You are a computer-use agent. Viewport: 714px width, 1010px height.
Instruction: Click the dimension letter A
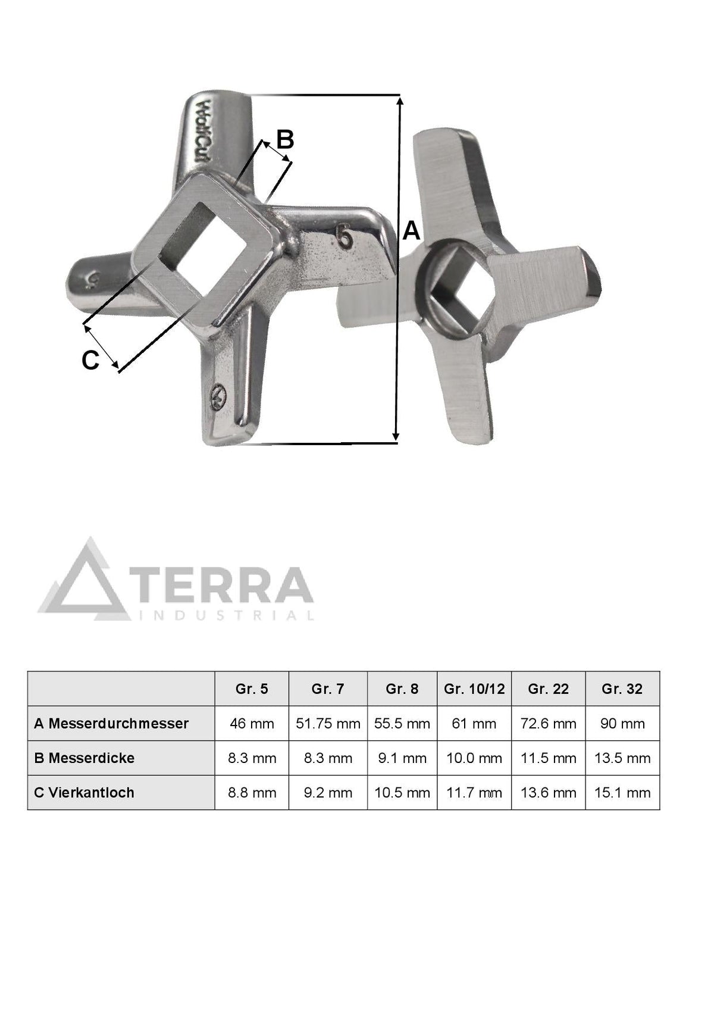[411, 232]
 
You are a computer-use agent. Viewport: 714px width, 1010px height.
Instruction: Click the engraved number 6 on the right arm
[346, 237]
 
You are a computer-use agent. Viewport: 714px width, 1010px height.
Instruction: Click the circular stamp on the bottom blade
[218, 395]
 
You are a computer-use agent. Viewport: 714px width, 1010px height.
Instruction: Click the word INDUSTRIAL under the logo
[226, 615]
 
